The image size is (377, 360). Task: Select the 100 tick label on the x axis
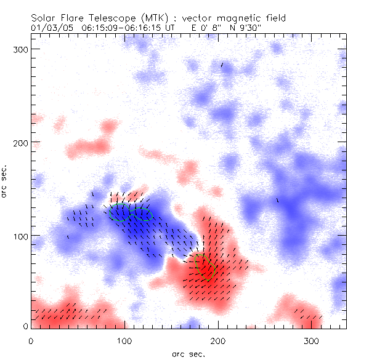click(x=124, y=340)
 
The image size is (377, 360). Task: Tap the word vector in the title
click(x=194, y=18)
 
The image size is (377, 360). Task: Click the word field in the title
click(x=278, y=18)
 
